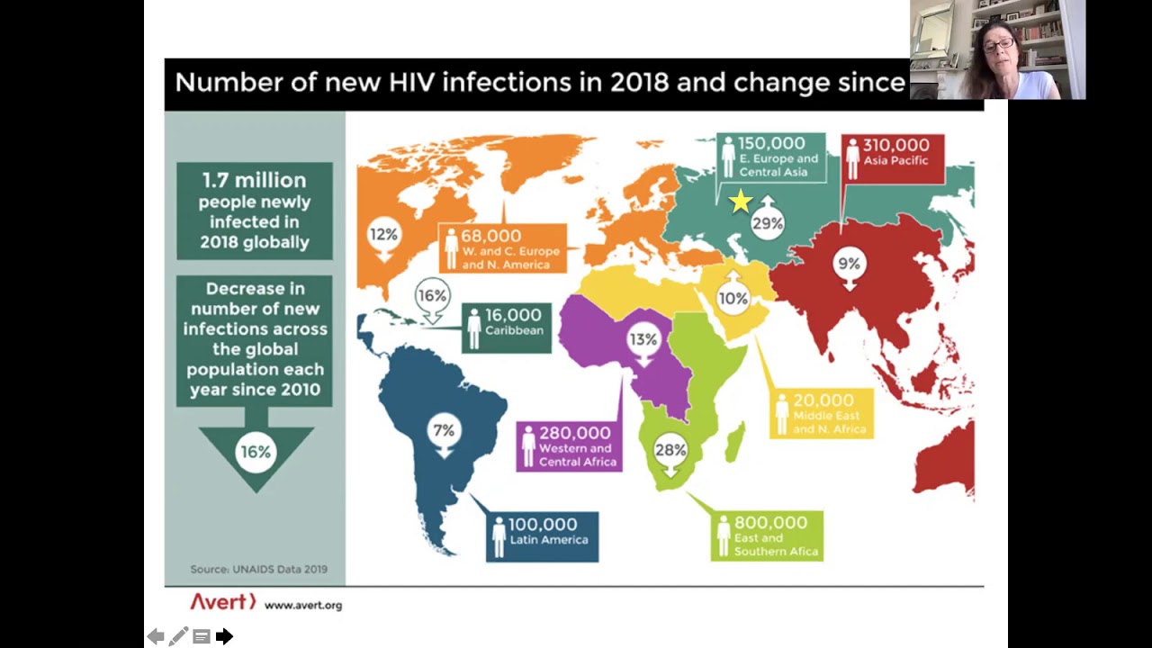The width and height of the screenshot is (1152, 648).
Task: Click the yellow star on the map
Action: point(740,202)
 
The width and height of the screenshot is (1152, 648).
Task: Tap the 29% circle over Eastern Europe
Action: point(767,223)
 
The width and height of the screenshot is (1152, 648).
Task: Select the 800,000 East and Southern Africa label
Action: point(767,535)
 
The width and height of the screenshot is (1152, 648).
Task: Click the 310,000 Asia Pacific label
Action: point(893,158)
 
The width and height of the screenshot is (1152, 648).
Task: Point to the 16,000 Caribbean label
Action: point(506,328)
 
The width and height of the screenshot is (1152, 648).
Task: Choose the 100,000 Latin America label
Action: point(543,536)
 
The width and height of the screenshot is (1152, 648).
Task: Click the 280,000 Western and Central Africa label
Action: point(570,446)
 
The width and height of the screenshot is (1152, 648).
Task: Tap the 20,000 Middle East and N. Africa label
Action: point(822,413)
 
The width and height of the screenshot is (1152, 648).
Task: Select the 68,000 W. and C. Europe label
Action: point(504,248)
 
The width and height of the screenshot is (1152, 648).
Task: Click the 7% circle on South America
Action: point(444,431)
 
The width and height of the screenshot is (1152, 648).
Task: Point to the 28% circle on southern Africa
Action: point(670,450)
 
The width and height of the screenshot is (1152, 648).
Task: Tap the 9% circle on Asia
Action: point(849,265)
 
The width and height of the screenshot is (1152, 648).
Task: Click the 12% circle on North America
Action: point(383,235)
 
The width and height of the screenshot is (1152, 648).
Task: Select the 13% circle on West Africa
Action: point(643,340)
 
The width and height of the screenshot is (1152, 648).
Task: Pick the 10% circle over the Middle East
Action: point(733,299)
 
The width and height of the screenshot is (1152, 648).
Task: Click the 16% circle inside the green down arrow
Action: point(256,452)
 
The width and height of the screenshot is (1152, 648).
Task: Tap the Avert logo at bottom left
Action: point(222,602)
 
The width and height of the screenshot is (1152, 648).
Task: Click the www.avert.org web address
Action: point(303,606)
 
